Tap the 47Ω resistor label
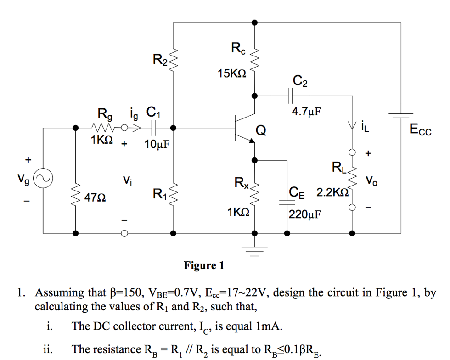tap(96, 197)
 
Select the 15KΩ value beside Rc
tap(232, 73)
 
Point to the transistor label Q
tap(260, 131)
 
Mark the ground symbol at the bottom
tap(255, 250)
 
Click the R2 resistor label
tap(160, 59)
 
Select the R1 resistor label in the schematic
tap(160, 194)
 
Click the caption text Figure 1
tap(204, 265)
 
